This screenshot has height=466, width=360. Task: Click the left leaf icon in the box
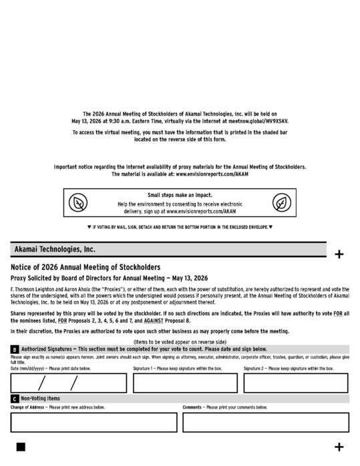pyautogui.click(x=79, y=203)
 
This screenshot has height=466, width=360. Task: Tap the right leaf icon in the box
pyautogui.click(x=281, y=203)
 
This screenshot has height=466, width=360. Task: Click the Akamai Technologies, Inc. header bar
pyautogui.click(x=168, y=249)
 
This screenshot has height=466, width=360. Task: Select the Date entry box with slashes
pyautogui.click(x=68, y=383)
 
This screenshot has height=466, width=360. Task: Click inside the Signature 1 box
pyautogui.click(x=185, y=383)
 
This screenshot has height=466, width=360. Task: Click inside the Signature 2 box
pyautogui.click(x=295, y=383)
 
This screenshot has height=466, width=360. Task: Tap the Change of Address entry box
pyautogui.click(x=94, y=422)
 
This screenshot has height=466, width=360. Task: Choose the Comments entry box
pyautogui.click(x=265, y=422)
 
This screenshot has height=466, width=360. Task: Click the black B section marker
pyautogui.click(x=14, y=349)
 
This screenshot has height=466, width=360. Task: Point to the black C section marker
pyautogui.click(x=14, y=399)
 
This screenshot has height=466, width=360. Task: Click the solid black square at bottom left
pyautogui.click(x=21, y=447)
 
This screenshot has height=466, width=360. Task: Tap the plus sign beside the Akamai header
pyautogui.click(x=339, y=254)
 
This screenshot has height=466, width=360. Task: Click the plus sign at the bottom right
pyautogui.click(x=339, y=447)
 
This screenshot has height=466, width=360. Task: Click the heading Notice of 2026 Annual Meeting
pyautogui.click(x=85, y=267)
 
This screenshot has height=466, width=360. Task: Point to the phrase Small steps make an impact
pyautogui.click(x=180, y=195)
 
